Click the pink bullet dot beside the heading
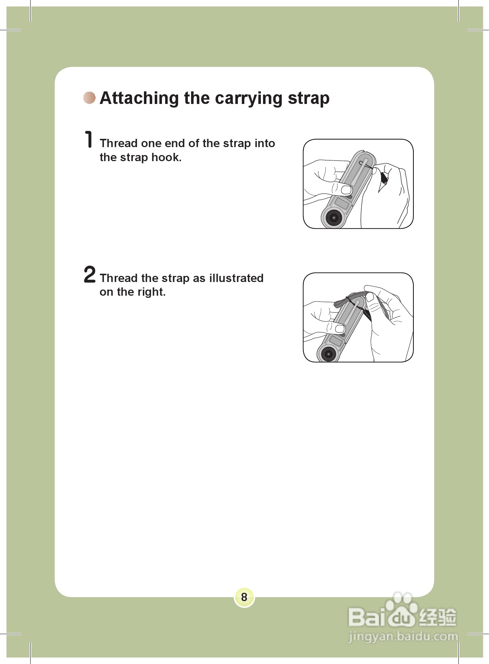[x=90, y=97]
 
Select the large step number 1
[x=89, y=139]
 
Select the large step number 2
[x=90, y=274]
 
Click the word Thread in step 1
[x=119, y=143]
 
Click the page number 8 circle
[x=244, y=597]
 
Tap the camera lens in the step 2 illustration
[x=329, y=354]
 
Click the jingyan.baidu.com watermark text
[x=403, y=637]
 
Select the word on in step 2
[x=107, y=292]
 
